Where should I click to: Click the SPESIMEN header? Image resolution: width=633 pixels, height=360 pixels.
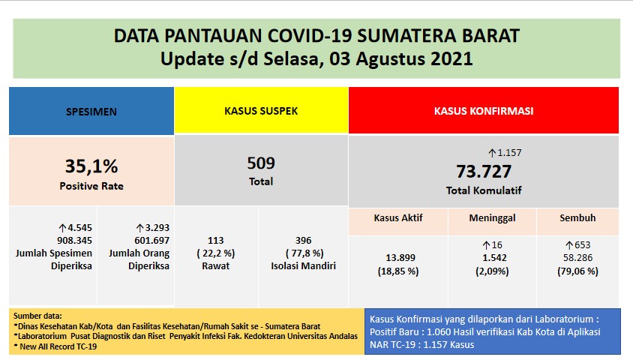(x=91, y=111)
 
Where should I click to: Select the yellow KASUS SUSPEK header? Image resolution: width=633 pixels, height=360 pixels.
(x=261, y=110)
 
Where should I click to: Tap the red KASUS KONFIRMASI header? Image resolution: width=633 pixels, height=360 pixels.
(x=484, y=110)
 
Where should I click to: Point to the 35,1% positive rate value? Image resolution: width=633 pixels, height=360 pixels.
(x=91, y=166)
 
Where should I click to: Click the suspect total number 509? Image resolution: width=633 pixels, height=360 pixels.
(x=261, y=163)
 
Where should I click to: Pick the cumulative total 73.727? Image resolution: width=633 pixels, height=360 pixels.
(x=484, y=171)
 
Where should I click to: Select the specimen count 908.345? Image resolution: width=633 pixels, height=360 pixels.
(x=54, y=240)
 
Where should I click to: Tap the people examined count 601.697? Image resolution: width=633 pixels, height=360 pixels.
(x=138, y=240)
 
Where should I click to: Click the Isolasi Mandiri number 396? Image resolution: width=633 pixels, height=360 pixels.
(x=304, y=241)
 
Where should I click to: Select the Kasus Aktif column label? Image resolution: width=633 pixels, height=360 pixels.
(x=398, y=218)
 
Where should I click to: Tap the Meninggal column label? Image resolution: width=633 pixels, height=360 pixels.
(x=492, y=218)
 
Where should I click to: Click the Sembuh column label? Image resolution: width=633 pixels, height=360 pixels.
(x=577, y=218)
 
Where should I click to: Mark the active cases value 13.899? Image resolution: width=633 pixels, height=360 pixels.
(x=398, y=257)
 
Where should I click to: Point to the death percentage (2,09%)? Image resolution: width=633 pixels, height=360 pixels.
(x=492, y=271)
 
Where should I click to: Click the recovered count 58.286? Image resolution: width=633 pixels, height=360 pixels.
(x=577, y=257)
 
